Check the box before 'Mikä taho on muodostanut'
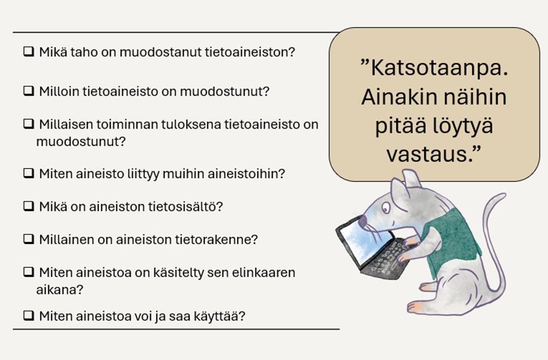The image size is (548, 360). click(28, 53)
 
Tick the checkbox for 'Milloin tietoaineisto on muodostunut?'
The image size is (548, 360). click(28, 92)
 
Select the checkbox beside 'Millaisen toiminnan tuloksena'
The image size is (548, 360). click(28, 124)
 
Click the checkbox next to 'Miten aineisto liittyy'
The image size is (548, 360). click(28, 174)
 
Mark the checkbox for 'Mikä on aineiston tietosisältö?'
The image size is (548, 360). click(28, 207)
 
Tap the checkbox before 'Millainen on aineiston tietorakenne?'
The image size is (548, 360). click(28, 239)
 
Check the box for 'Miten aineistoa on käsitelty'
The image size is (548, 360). click(28, 272)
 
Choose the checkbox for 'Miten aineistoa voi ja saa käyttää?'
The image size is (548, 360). click(28, 316)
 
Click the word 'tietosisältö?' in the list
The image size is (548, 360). click(188, 207)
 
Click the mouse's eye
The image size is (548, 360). click(386, 208)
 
